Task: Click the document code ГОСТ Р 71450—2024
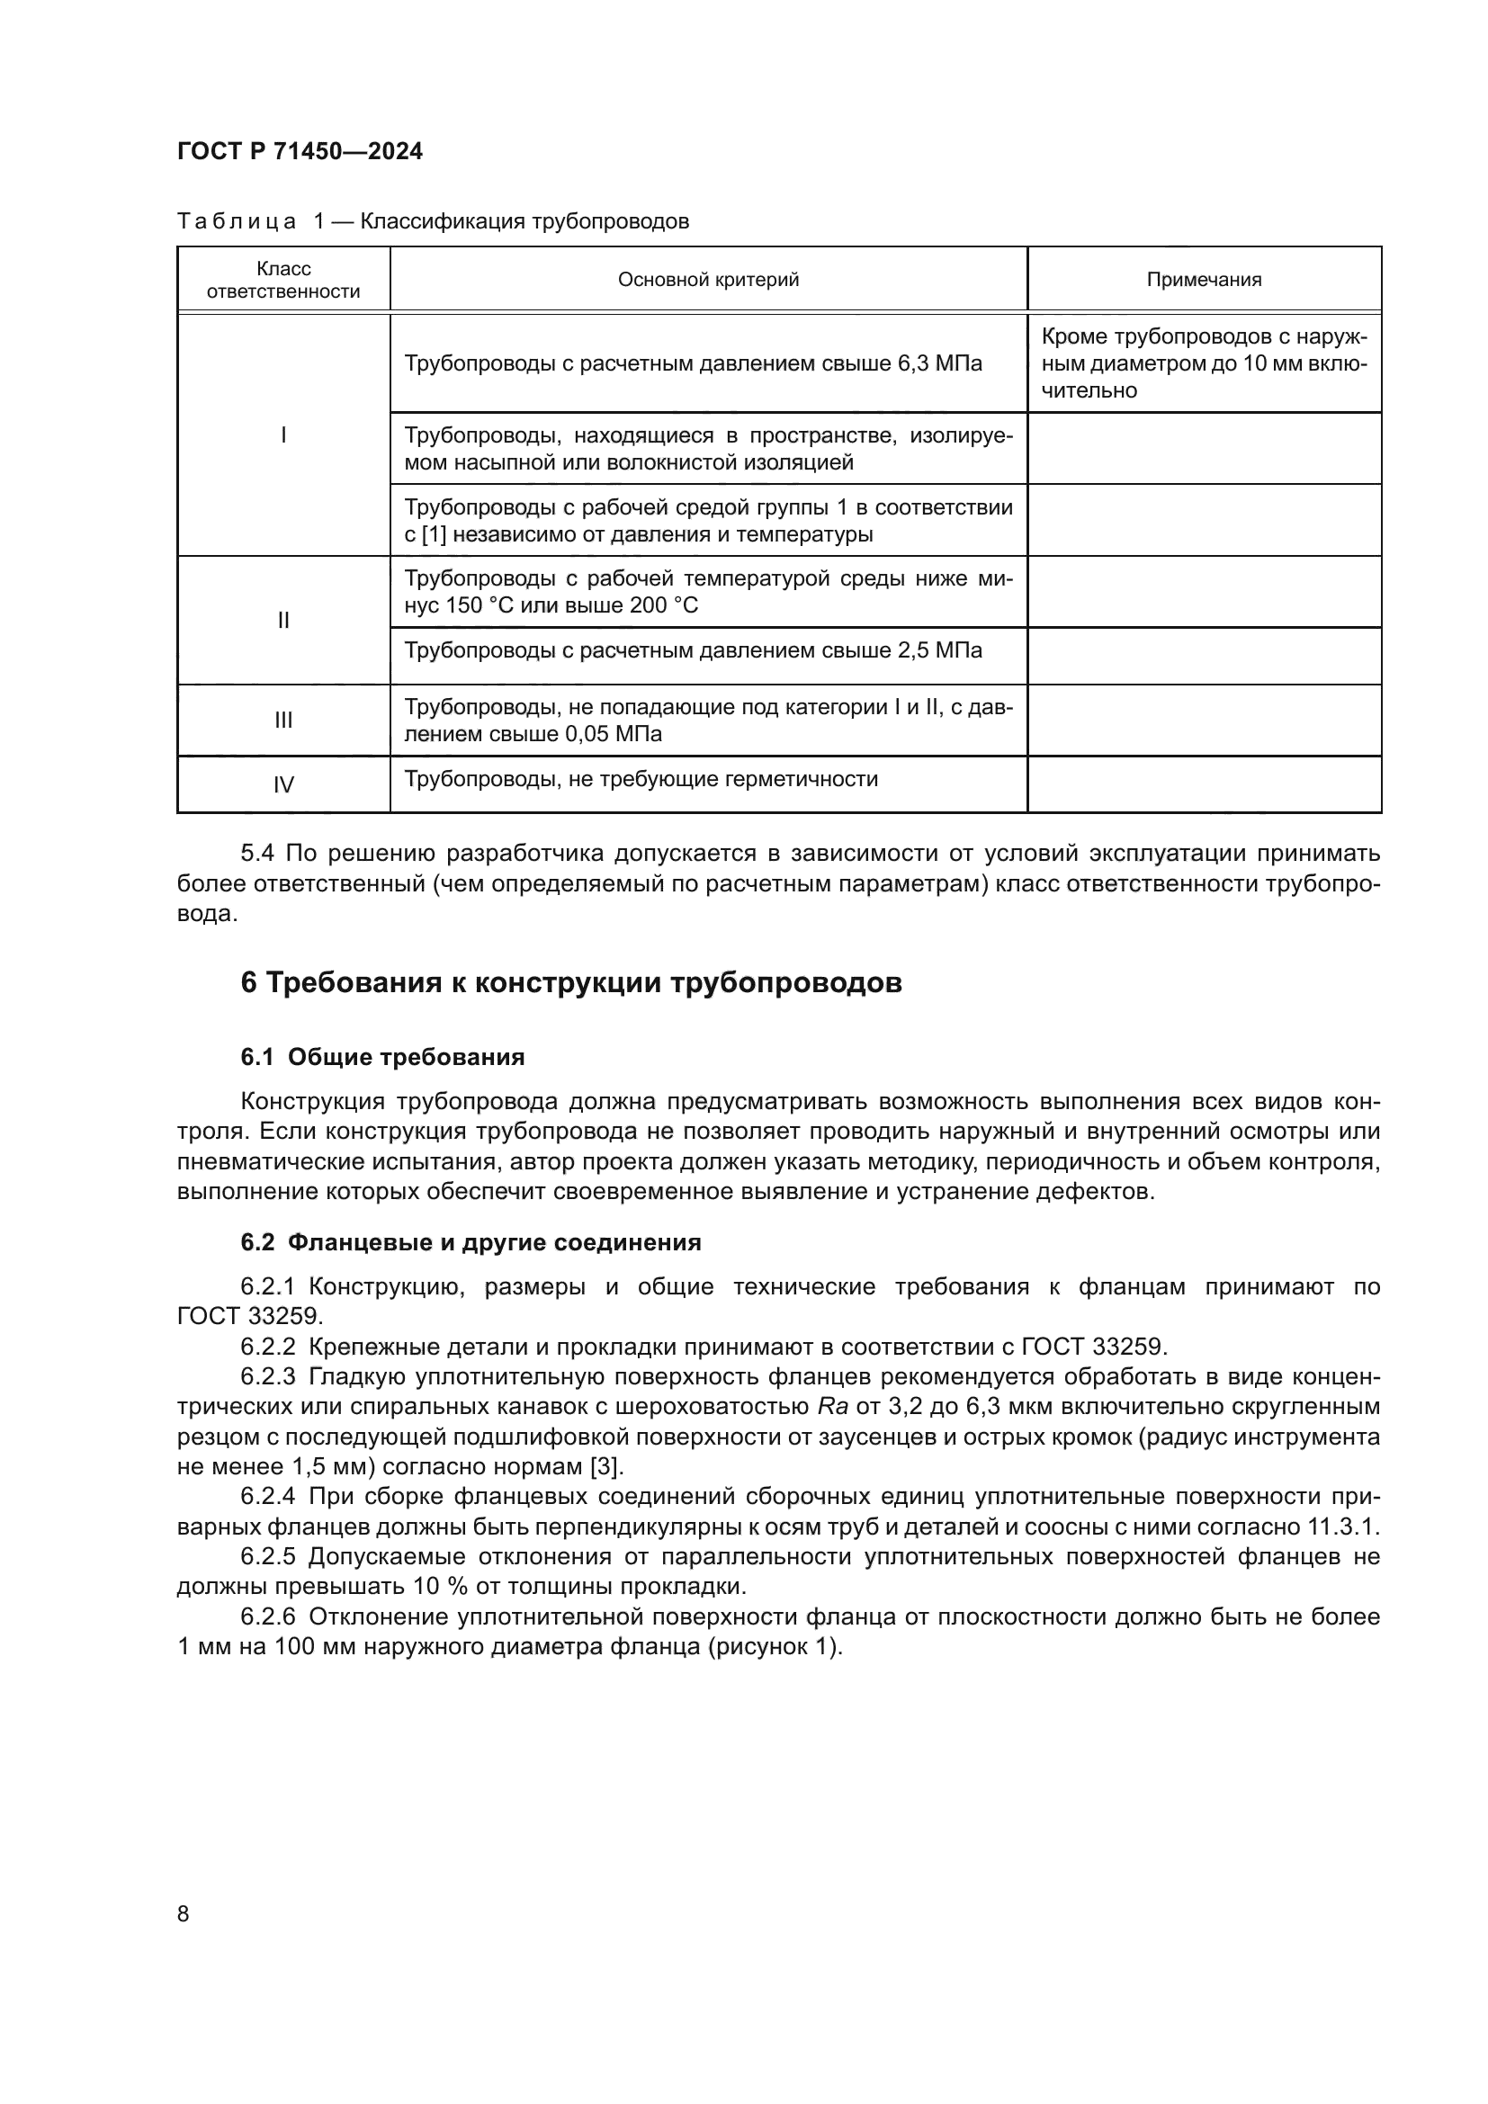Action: click(x=300, y=152)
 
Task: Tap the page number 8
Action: click(x=184, y=1914)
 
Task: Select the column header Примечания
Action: click(x=1204, y=281)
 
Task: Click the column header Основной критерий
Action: click(x=708, y=281)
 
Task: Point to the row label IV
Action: click(x=283, y=785)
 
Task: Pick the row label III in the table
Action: click(x=283, y=721)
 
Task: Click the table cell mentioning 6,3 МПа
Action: click(x=693, y=363)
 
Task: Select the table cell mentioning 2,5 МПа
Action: click(x=693, y=650)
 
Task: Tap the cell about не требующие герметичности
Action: click(x=641, y=779)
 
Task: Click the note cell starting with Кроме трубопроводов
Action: click(x=1204, y=363)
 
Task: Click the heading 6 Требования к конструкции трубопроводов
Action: click(x=571, y=982)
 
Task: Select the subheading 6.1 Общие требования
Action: click(x=382, y=1058)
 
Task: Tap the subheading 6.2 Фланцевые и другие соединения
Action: click(x=471, y=1242)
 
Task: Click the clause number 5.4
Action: click(x=257, y=854)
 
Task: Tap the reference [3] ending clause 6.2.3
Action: click(x=605, y=1466)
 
